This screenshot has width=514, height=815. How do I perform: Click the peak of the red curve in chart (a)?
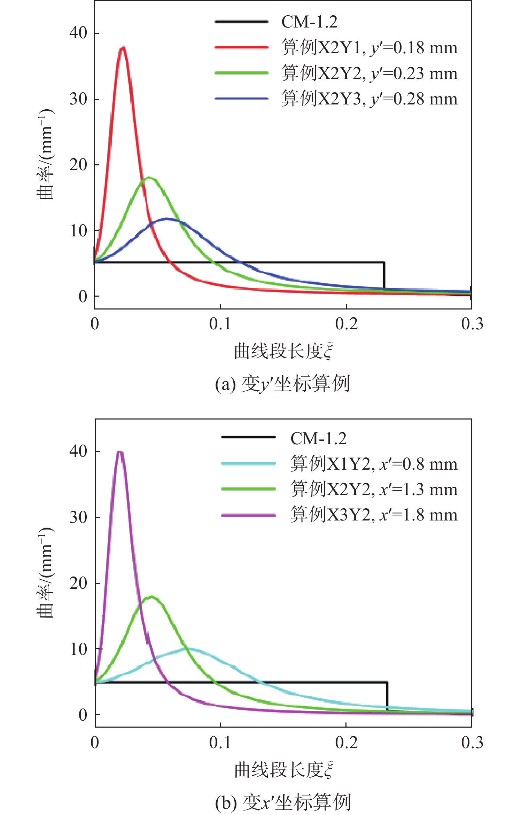click(x=122, y=47)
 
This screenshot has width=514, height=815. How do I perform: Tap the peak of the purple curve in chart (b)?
click(x=120, y=452)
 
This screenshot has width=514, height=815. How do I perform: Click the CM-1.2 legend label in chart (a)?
click(x=309, y=22)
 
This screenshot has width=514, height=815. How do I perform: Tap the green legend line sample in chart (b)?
click(x=248, y=489)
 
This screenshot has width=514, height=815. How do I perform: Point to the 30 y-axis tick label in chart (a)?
click(x=78, y=99)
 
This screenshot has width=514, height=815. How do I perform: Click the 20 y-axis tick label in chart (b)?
click(x=78, y=583)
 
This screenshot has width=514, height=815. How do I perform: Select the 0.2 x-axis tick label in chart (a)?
click(x=346, y=324)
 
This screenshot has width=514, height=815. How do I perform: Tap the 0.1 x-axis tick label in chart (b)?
click(x=220, y=743)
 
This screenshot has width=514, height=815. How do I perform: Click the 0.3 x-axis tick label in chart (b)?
click(x=472, y=743)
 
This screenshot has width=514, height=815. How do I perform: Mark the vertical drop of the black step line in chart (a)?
click(x=384, y=275)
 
